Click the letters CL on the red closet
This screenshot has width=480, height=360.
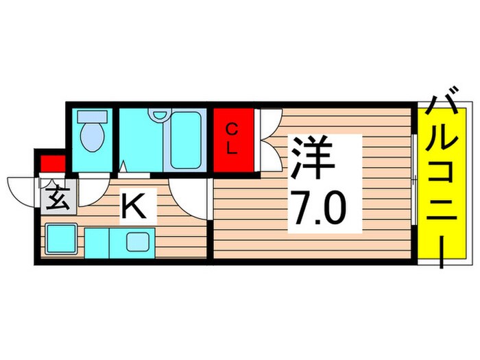[x=232, y=139]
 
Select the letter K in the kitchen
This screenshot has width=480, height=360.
[x=134, y=206]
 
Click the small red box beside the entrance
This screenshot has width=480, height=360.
[x=53, y=164]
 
